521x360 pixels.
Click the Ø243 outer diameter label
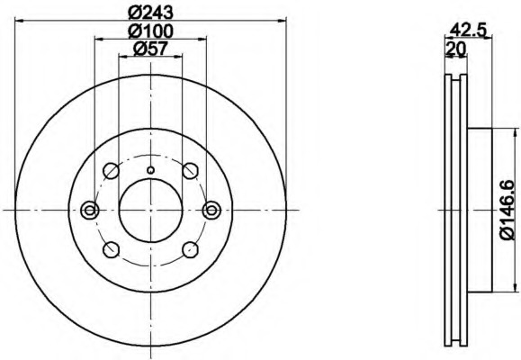(150, 13)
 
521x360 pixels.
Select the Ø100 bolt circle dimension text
(150, 31)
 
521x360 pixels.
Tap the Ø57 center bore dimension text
(150, 49)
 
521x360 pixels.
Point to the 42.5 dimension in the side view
(468, 31)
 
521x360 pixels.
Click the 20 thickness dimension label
(456, 49)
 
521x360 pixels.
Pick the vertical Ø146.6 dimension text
(508, 210)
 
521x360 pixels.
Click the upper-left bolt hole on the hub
(111, 170)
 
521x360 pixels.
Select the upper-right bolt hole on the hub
(191, 170)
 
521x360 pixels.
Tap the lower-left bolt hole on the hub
(111, 249)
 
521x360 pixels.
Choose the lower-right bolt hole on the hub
(191, 249)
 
